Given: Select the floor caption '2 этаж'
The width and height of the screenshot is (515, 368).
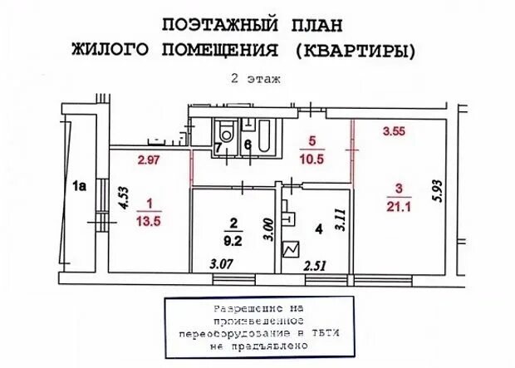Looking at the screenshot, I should [257, 79].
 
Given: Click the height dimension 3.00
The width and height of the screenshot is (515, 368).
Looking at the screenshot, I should [267, 228].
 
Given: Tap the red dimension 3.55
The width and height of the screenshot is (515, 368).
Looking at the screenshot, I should [394, 130].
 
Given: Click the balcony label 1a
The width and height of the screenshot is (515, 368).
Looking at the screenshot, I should [80, 187].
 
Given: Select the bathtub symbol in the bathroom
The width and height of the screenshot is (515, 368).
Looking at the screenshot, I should [263, 138].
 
